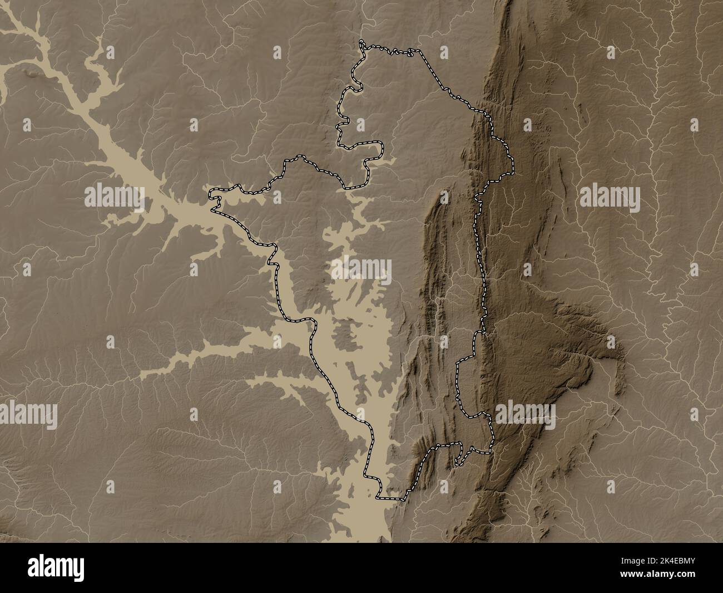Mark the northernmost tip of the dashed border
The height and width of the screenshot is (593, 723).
[x=361, y=42]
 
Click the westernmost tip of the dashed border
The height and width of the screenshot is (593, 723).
[x=210, y=194]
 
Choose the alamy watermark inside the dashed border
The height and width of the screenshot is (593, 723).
[x=362, y=271]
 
